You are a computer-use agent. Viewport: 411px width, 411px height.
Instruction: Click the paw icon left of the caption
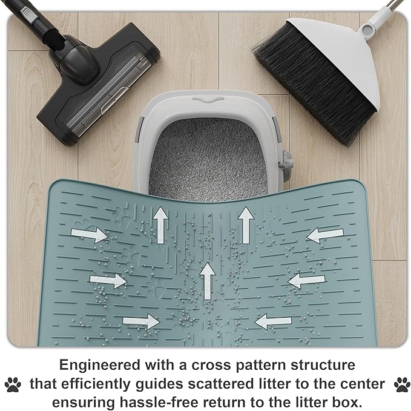13,384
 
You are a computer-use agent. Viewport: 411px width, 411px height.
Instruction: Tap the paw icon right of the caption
399,384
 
